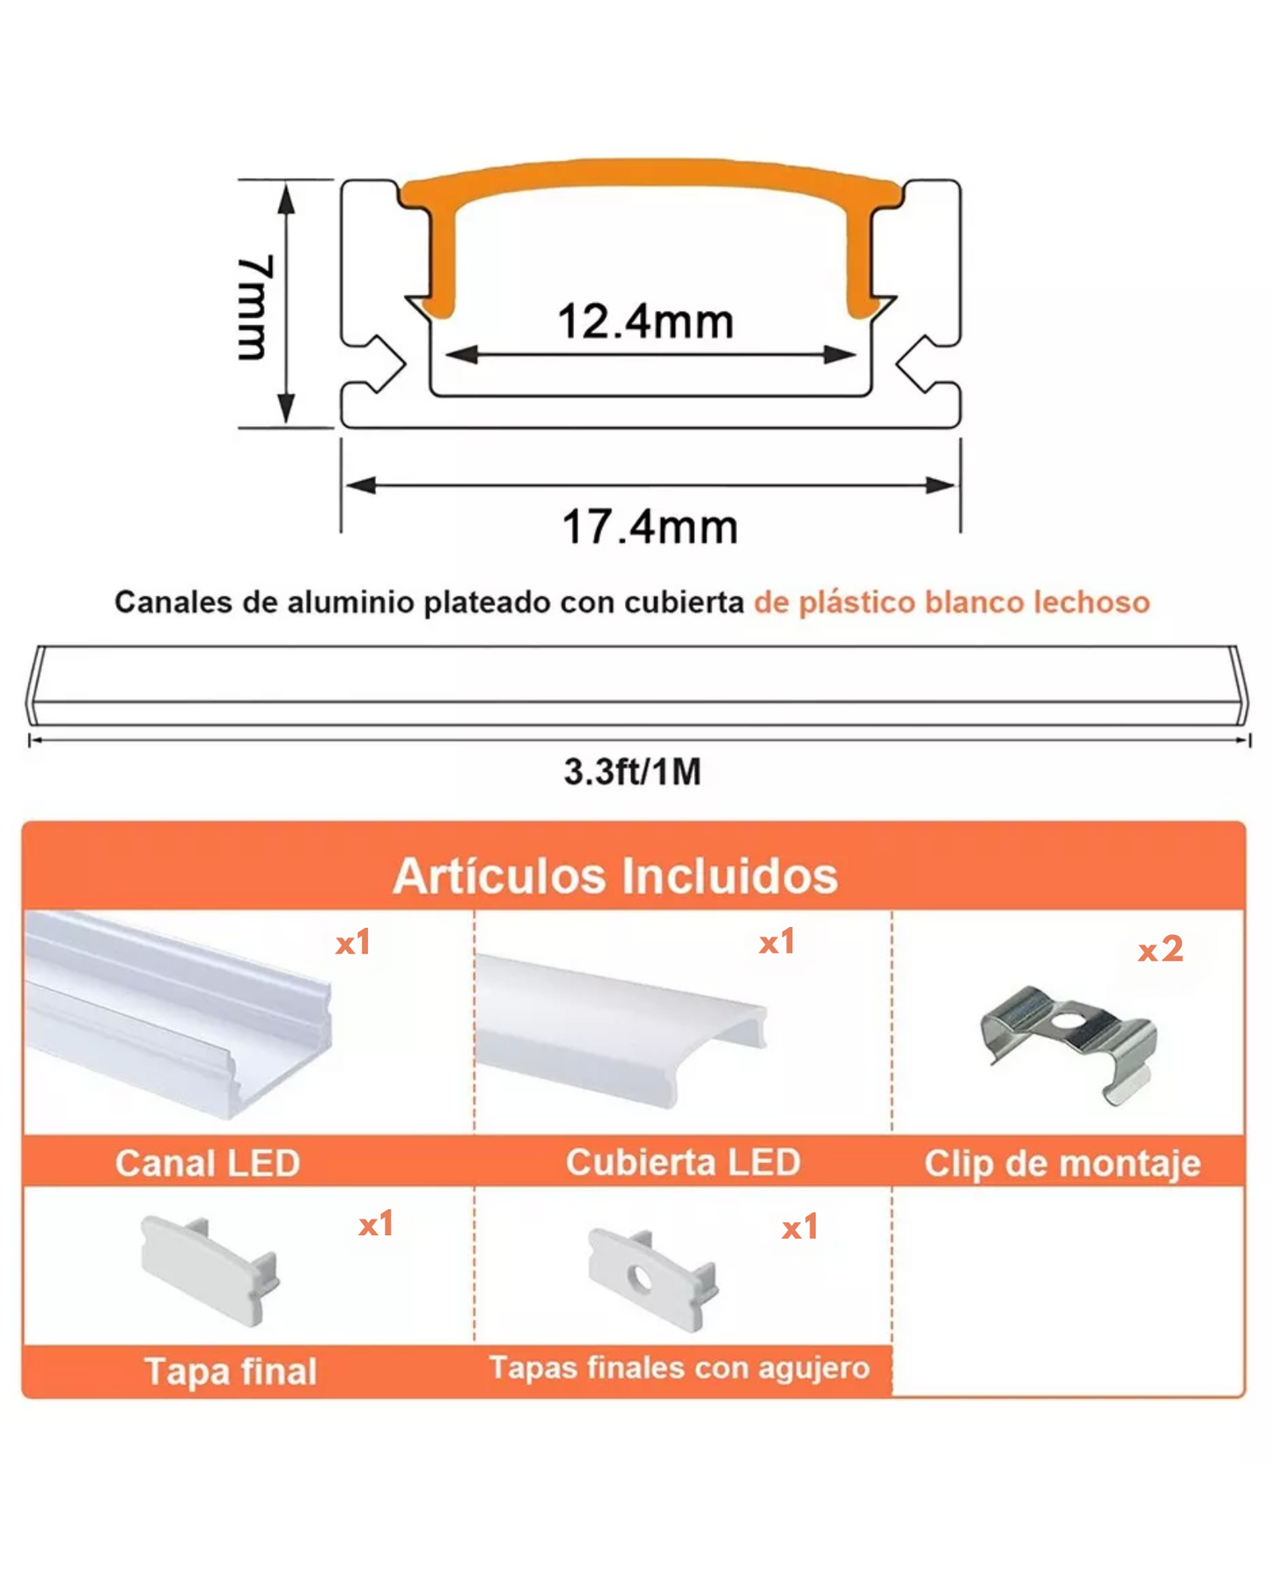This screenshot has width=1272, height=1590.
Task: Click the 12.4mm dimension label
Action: tap(645, 321)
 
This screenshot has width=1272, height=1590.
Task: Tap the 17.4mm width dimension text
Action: tap(650, 527)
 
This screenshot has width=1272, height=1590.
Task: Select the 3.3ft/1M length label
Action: tap(632, 772)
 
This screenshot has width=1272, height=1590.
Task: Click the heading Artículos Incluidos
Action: tap(615, 876)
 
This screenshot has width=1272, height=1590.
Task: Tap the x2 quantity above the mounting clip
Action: tap(1160, 949)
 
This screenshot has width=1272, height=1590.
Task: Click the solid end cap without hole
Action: tap(210, 1270)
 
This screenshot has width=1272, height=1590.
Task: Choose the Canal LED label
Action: tap(208, 1164)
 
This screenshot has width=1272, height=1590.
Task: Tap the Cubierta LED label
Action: tap(683, 1162)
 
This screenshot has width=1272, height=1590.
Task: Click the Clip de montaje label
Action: tap(1062, 1164)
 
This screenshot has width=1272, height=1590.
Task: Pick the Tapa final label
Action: tap(231, 1371)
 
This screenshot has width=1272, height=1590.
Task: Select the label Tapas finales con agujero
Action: tap(680, 1367)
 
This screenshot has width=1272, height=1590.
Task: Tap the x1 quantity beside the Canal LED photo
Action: tap(353, 943)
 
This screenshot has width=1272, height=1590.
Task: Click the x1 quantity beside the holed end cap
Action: tap(800, 1227)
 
